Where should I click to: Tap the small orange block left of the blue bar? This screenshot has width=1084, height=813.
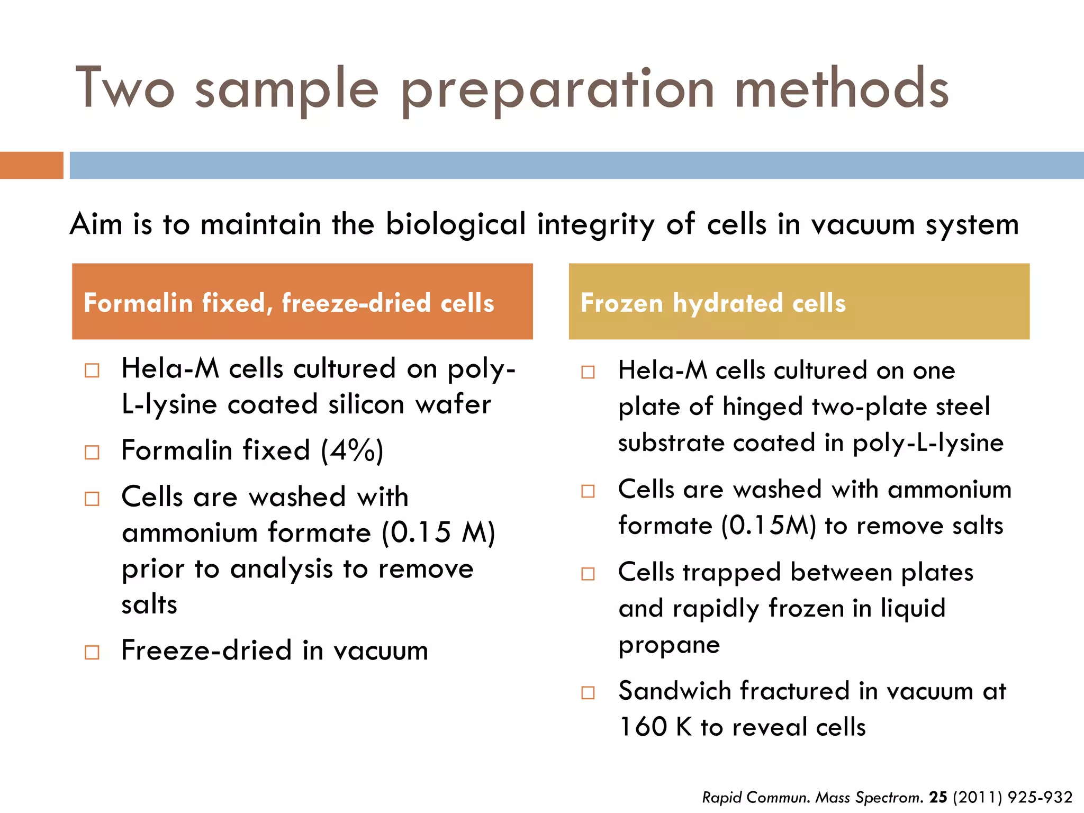pyautogui.click(x=31, y=165)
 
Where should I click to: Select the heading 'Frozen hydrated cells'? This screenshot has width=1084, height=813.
pyautogui.click(x=713, y=303)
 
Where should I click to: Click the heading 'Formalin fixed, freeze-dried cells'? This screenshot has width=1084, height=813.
pyautogui.click(x=289, y=303)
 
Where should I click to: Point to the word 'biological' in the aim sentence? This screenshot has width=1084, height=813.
pyautogui.click(x=456, y=224)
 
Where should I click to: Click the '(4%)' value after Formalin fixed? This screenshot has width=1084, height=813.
pyautogui.click(x=352, y=451)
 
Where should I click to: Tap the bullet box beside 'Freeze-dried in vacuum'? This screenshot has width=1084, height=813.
pyautogui.click(x=92, y=652)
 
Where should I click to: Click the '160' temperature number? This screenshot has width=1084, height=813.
pyautogui.click(x=643, y=727)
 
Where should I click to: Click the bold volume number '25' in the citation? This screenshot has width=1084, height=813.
pyautogui.click(x=938, y=797)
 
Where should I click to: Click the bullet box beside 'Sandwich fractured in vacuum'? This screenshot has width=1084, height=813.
pyautogui.click(x=588, y=693)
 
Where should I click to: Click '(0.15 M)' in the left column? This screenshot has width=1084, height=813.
pyautogui.click(x=438, y=533)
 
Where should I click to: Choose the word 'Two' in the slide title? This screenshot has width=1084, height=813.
pyautogui.click(x=125, y=88)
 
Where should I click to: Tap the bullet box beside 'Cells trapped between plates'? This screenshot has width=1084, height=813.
pyautogui.click(x=588, y=574)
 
